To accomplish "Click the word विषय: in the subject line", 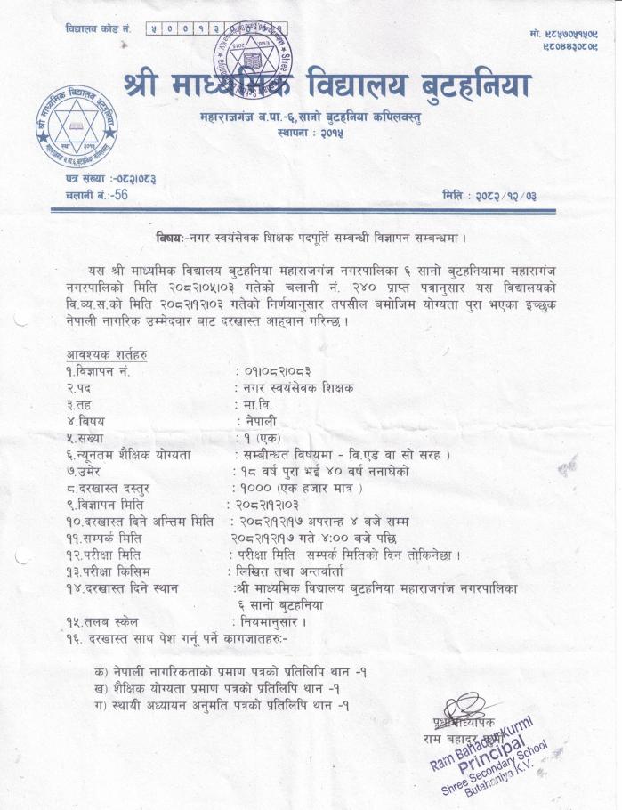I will click(x=170, y=238).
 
